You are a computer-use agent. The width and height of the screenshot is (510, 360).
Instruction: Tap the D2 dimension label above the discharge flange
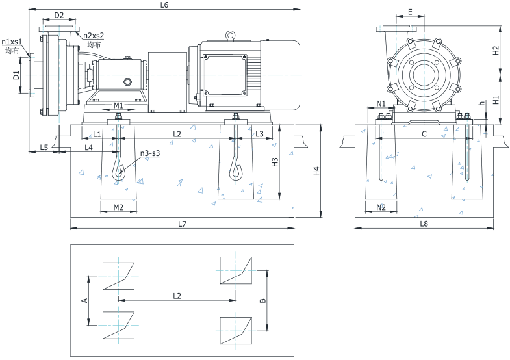pyautogui.click(x=59, y=15)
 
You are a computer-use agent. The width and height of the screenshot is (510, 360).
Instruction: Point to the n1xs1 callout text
pyautogui.click(x=12, y=42)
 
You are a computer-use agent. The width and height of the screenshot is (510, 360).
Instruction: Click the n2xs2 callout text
pyautogui.click(x=94, y=36)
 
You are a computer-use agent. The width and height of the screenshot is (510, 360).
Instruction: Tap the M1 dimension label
pyautogui.click(x=118, y=105)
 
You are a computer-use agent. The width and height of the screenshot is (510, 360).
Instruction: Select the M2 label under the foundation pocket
pyautogui.click(x=118, y=207)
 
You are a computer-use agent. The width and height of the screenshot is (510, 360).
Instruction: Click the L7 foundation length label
pyautogui.click(x=182, y=224)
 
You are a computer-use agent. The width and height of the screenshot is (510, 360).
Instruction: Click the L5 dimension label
pyautogui.click(x=44, y=148)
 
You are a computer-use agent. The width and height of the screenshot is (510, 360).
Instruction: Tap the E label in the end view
pyautogui.click(x=410, y=12)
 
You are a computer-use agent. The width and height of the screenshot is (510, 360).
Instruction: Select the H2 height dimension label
pyautogui.click(x=496, y=49)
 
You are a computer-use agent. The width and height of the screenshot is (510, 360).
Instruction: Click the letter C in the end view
pyautogui.click(x=424, y=134)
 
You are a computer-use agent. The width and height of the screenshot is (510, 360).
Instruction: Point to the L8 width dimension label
pyautogui.click(x=424, y=224)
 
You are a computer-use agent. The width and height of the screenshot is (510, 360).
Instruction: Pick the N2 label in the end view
pyautogui.click(x=381, y=207)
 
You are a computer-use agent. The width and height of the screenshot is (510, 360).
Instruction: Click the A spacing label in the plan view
pyautogui.click(x=83, y=300)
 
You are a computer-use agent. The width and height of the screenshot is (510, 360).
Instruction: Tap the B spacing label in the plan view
pyautogui.click(x=261, y=300)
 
